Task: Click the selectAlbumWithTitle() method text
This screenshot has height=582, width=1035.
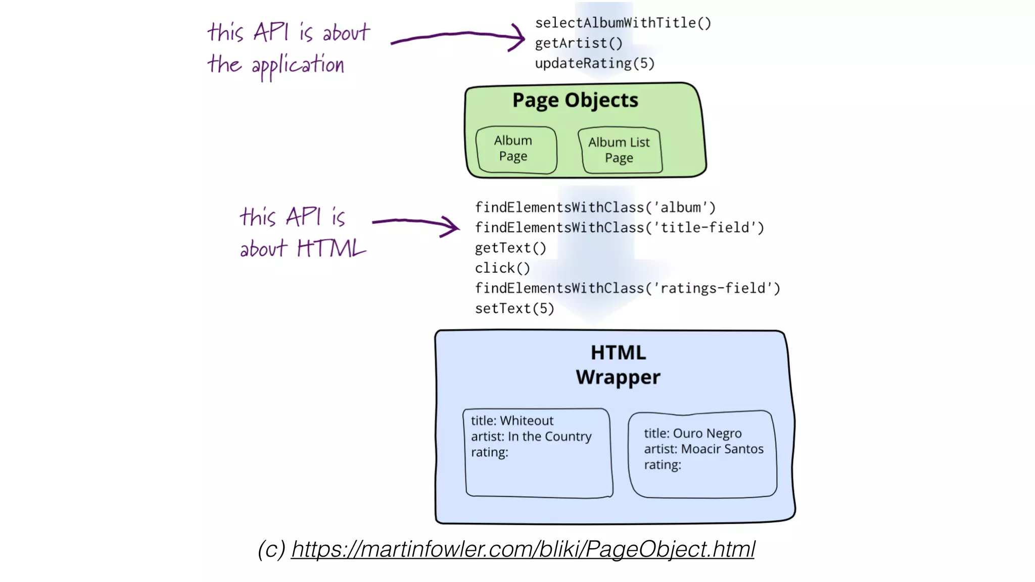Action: [x=623, y=23]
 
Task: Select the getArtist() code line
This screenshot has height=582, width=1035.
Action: [x=578, y=43]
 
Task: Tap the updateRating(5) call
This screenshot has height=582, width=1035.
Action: [x=594, y=64]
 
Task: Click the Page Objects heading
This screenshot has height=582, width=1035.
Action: [x=575, y=100]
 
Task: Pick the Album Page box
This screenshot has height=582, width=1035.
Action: [x=515, y=149]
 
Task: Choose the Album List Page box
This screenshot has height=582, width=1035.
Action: [x=620, y=150]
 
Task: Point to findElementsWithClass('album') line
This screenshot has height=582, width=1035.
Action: [x=595, y=208]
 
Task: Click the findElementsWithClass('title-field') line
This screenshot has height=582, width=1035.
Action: [x=619, y=228]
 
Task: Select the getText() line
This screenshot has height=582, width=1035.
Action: [x=510, y=248]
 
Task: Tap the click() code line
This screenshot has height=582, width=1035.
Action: [x=502, y=268]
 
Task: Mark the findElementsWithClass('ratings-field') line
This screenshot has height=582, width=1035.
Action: [x=627, y=288]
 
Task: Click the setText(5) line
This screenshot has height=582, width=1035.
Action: [x=514, y=309]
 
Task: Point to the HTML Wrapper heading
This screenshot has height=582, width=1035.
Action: [x=618, y=365]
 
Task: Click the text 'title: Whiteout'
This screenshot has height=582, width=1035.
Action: [x=512, y=421]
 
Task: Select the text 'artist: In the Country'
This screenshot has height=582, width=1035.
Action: [x=531, y=437]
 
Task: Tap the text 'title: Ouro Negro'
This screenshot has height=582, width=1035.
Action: [x=692, y=433]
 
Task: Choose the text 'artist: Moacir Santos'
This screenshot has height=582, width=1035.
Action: [x=703, y=449]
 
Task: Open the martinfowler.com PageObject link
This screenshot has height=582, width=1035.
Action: [x=523, y=549]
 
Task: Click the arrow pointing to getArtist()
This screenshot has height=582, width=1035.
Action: [x=458, y=36]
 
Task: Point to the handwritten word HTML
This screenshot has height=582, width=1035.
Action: [x=331, y=249]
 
